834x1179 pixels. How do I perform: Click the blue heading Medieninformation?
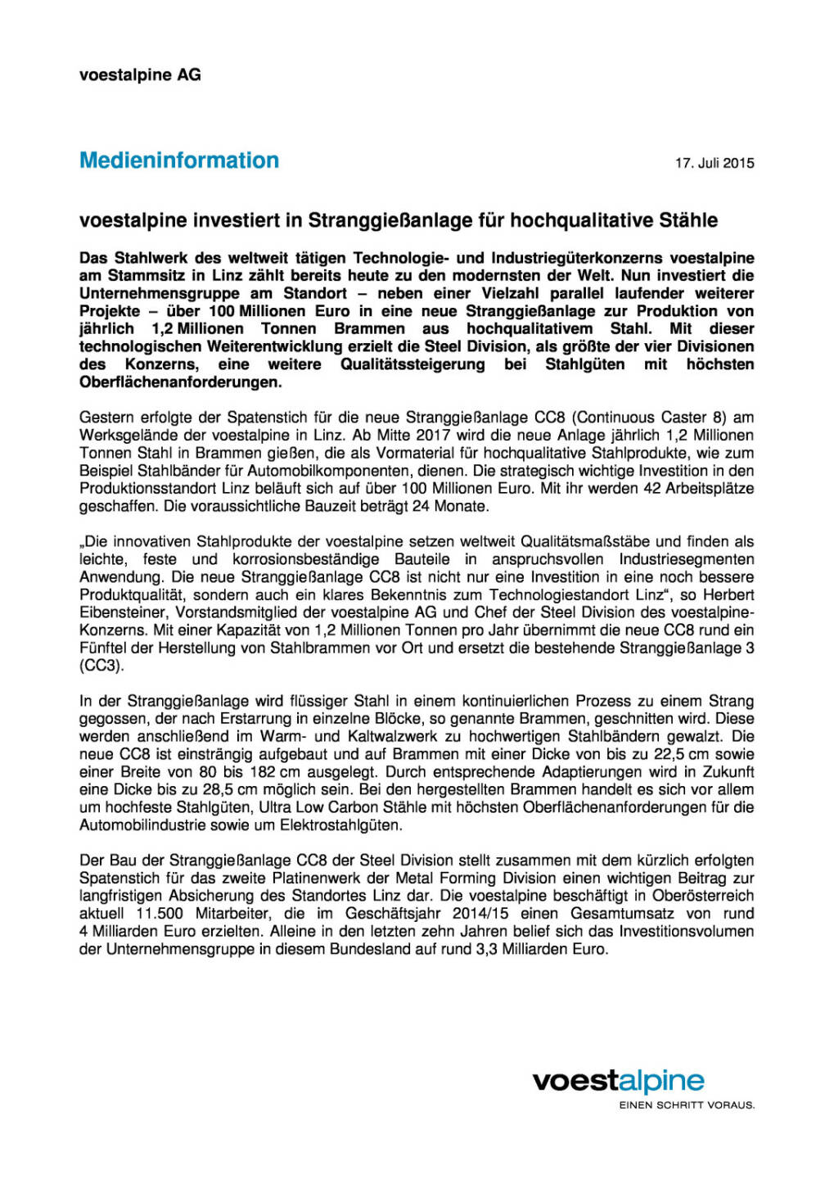pyautogui.click(x=178, y=160)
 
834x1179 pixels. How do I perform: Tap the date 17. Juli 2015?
pyautogui.click(x=714, y=163)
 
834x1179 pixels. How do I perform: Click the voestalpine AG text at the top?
pyautogui.click(x=140, y=75)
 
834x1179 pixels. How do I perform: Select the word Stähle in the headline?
pyautogui.click(x=687, y=220)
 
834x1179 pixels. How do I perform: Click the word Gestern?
pyautogui.click(x=107, y=418)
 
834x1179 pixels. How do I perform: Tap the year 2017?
pyautogui.click(x=433, y=436)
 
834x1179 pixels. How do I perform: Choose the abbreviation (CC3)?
pyautogui.click(x=101, y=666)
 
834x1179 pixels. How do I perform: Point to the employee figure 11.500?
pyautogui.click(x=160, y=914)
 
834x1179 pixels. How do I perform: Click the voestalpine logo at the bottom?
pyautogui.click(x=618, y=1082)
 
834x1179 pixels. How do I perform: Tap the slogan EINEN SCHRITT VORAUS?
pyautogui.click(x=686, y=1105)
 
